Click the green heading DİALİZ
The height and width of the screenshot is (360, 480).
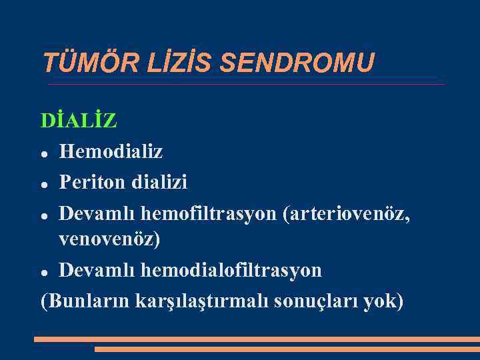pos(79,121)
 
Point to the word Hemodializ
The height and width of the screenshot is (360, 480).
pos(111,151)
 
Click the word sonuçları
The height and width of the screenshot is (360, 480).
pos(316,301)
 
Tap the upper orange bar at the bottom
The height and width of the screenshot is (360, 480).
pos(257,339)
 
